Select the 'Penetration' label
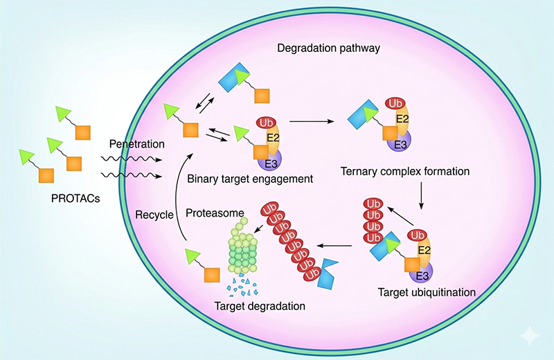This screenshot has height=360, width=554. pos(137,145)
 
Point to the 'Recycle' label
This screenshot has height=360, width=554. pos(153,215)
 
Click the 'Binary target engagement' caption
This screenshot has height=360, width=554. pos(250,179)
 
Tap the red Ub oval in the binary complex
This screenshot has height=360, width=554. pos(267,123)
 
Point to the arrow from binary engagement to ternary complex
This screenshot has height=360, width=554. pos(312,122)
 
